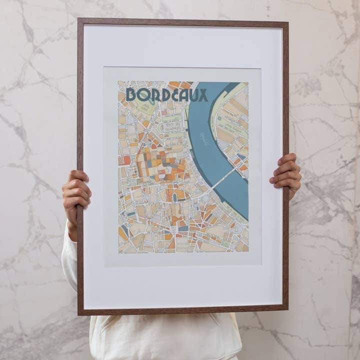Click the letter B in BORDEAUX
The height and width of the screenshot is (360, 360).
[x=131, y=95]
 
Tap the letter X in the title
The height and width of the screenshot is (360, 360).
[x=202, y=95]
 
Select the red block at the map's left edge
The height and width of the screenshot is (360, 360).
[x=126, y=160]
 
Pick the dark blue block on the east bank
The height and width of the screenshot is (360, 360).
[x=241, y=156]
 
